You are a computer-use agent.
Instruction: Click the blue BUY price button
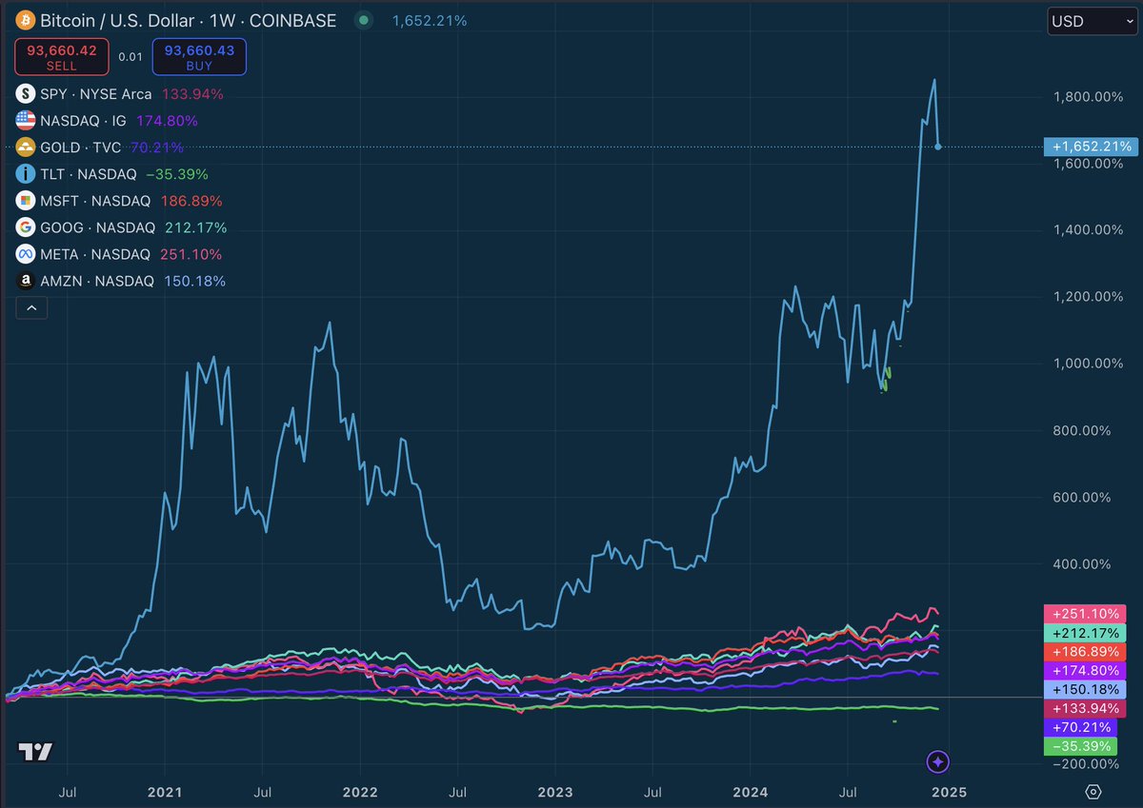pos(199,56)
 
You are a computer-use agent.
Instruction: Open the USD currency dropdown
pos(1091,21)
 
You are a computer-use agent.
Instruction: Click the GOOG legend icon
pos(26,227)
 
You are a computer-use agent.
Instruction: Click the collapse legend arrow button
pos(31,307)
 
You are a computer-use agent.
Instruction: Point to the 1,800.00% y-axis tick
pos(1083,96)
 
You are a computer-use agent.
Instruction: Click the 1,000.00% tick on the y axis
pos(1083,363)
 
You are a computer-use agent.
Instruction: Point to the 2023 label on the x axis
pos(555,791)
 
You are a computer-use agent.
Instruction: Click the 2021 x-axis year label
pos(165,791)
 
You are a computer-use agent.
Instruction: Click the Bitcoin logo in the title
pos(25,20)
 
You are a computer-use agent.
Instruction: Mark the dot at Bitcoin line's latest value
pos(939,147)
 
